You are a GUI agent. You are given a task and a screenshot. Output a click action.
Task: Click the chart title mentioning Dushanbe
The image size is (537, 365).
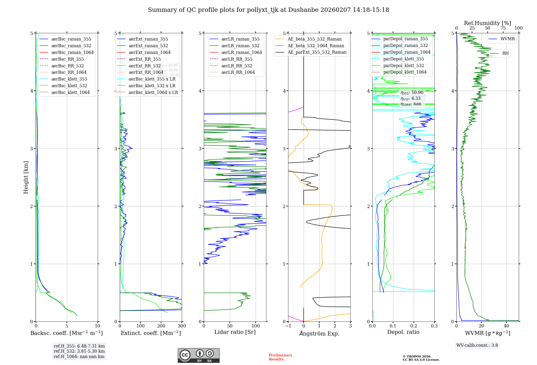click(x=268, y=10)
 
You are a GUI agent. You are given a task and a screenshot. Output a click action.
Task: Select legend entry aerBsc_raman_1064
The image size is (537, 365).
click(x=72, y=52)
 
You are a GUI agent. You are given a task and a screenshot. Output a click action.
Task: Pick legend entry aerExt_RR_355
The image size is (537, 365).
click(x=144, y=59)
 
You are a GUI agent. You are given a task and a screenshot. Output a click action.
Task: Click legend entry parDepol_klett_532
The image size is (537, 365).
click(x=404, y=65)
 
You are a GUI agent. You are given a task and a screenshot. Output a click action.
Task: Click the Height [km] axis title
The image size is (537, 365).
click(x=26, y=177)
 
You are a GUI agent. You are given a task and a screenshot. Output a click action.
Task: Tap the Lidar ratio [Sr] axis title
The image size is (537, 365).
click(x=235, y=332)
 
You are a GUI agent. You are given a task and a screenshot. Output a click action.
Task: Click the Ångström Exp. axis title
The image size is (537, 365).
click(x=319, y=333)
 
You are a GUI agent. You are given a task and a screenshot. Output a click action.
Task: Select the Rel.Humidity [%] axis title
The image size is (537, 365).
click(x=487, y=23)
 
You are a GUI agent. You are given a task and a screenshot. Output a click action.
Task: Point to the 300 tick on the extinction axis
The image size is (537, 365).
click(x=182, y=326)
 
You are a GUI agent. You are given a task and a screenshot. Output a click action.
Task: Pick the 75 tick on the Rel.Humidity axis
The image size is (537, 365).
click(x=503, y=28)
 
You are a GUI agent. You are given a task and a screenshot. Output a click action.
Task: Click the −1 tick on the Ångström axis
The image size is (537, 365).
click(x=288, y=326)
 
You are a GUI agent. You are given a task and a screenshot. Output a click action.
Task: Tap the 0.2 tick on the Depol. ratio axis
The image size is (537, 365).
click(x=414, y=326)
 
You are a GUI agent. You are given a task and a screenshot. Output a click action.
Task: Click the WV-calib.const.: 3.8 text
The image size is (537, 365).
click(x=477, y=345)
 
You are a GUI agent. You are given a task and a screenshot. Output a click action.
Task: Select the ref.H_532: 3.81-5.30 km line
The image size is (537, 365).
click(x=79, y=351)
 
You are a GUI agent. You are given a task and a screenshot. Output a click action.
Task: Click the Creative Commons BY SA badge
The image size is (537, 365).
click(x=198, y=355)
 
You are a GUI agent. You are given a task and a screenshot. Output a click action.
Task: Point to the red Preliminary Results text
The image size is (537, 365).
click(x=280, y=357)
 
